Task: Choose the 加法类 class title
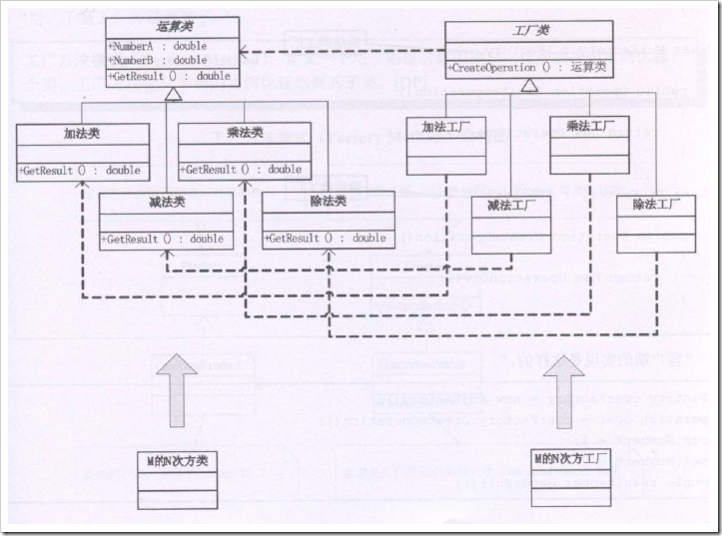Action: (x=83, y=134)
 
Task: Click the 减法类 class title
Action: (x=166, y=202)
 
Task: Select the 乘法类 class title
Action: (x=245, y=134)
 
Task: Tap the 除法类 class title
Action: (x=328, y=202)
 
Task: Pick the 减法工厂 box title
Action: (x=511, y=207)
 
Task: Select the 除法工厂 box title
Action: (x=656, y=205)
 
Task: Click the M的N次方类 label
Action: (x=176, y=461)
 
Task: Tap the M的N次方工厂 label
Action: (x=571, y=460)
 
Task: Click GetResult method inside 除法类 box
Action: (x=326, y=239)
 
